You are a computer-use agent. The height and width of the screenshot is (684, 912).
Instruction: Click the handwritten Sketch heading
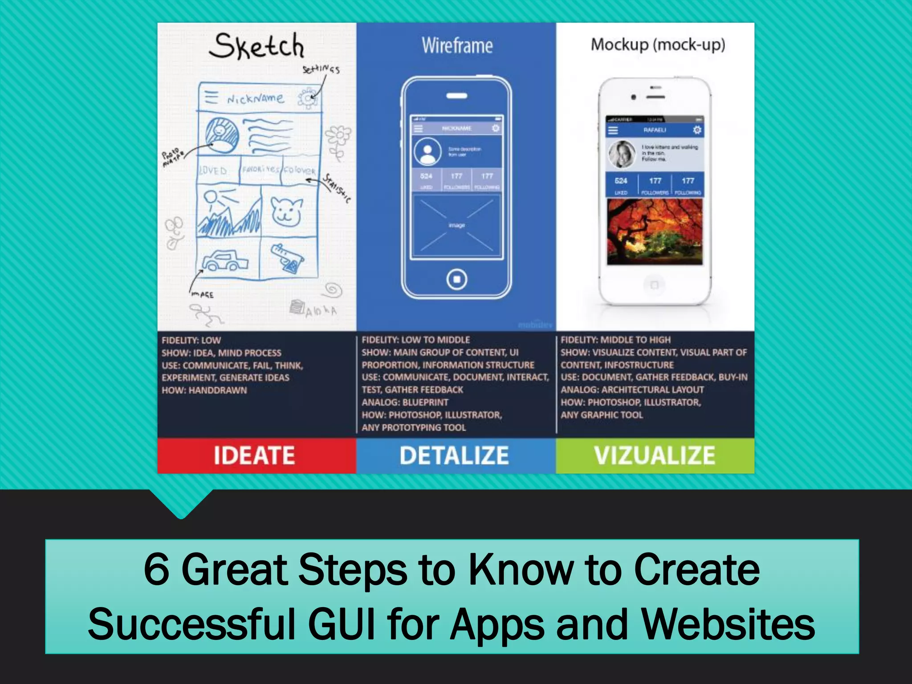257,46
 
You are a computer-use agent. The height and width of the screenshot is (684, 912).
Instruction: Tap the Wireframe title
457,46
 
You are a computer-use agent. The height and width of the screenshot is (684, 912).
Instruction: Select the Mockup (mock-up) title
658,45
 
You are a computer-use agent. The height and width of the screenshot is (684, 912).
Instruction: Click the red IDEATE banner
254,456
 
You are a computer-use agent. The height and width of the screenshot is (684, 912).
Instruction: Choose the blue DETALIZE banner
454,456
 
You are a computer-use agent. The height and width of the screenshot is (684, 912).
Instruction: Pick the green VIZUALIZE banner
654,456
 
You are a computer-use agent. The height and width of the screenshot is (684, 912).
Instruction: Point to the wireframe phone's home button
456,279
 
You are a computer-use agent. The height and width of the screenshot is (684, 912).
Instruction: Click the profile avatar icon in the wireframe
427,151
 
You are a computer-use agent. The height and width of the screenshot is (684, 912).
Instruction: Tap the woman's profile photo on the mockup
622,154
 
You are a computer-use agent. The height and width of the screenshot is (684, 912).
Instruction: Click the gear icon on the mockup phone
697,130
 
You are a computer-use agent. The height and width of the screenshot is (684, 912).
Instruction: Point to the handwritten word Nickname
255,98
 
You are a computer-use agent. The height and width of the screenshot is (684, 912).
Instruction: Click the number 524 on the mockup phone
621,181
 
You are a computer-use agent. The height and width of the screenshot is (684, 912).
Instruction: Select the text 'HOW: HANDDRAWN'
204,391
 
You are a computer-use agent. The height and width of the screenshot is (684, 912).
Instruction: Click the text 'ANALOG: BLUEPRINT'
405,403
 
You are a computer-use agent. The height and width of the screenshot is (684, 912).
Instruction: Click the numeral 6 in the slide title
156,570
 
